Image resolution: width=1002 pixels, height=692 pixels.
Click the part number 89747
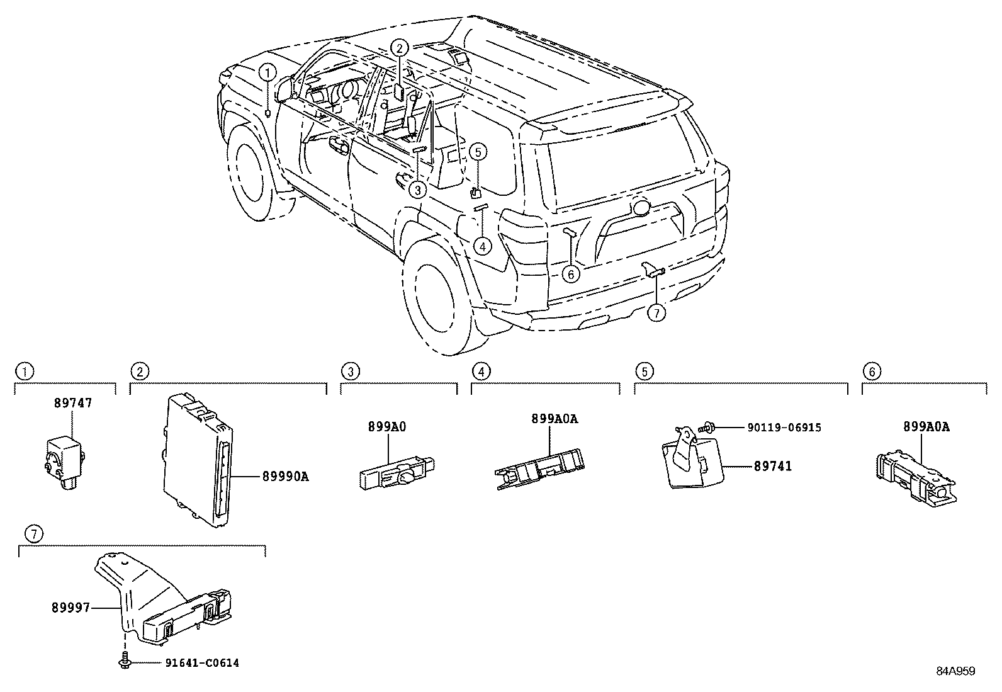(x=73, y=403)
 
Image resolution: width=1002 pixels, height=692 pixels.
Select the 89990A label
(x=285, y=477)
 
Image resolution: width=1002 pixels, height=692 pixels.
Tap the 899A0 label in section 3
(x=387, y=427)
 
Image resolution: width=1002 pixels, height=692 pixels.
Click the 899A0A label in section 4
(x=554, y=419)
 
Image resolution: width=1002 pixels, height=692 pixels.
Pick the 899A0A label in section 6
(x=926, y=427)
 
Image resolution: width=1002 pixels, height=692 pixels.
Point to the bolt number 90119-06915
(x=784, y=428)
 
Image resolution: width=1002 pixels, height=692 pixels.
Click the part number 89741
(x=773, y=467)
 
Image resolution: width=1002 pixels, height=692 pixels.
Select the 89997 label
(x=70, y=608)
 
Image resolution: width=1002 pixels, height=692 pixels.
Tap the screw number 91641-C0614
(x=202, y=663)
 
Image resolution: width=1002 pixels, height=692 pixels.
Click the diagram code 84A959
(x=956, y=671)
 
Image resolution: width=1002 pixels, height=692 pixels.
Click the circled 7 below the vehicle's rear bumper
(x=656, y=313)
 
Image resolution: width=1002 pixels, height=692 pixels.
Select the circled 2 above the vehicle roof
(x=400, y=48)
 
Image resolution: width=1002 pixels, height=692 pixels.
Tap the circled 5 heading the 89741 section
(x=644, y=372)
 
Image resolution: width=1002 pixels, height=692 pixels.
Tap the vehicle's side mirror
(x=285, y=91)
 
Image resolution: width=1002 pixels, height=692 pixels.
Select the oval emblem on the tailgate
(x=642, y=207)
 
